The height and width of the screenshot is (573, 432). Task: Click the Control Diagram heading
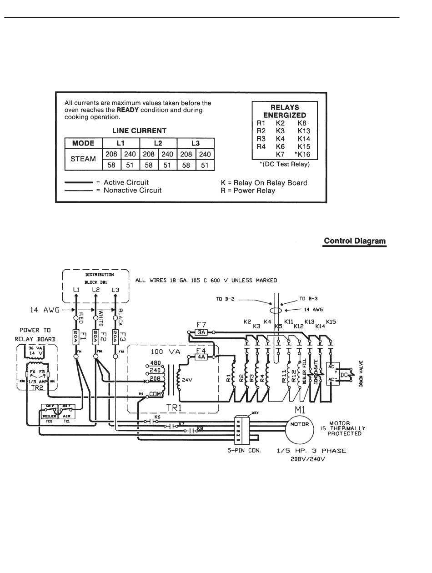pos(355,241)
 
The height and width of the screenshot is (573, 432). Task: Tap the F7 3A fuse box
pos(201,332)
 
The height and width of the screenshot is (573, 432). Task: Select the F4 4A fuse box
pos(201,357)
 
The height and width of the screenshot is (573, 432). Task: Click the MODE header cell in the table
pos(83,143)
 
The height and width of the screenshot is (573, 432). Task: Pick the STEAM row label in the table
pos(83,159)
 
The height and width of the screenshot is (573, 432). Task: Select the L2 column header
pos(158,143)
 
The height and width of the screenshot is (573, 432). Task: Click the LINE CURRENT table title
pos(139,131)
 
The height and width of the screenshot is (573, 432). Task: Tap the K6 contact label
pos(157,417)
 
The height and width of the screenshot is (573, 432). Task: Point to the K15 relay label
pos(331,322)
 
